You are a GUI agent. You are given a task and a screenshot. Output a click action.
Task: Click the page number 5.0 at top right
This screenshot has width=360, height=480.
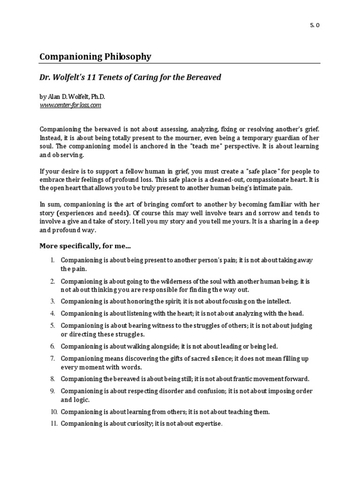click(x=315, y=26)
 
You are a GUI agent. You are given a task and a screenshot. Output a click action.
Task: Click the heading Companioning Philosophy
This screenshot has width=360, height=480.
click(x=95, y=57)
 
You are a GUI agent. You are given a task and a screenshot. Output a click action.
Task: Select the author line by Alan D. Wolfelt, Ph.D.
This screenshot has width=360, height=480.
click(x=73, y=97)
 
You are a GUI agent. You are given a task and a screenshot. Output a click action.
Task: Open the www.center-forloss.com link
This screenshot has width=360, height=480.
click(x=70, y=105)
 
